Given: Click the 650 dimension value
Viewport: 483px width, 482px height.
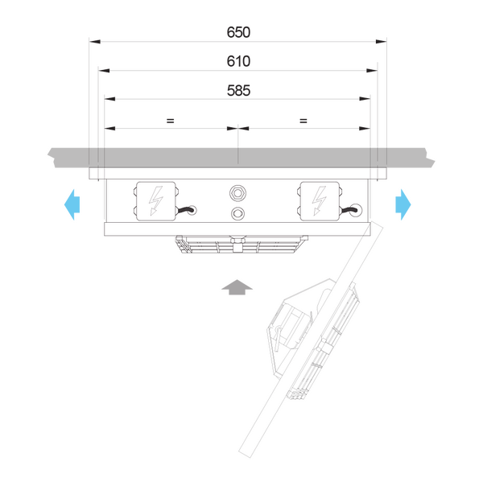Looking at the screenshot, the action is click(238, 32).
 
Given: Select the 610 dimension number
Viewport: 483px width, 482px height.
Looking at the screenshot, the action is click(238, 61).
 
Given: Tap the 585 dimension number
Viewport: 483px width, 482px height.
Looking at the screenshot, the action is click(238, 91).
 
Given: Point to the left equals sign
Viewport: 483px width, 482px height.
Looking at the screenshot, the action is click(171, 121).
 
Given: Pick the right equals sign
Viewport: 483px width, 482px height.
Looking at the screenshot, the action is click(303, 121).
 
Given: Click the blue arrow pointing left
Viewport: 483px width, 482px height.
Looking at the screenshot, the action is click(72, 204).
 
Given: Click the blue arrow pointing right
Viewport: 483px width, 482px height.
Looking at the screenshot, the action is click(403, 204).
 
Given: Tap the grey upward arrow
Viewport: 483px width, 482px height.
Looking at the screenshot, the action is click(237, 287).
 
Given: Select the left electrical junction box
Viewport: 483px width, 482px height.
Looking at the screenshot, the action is click(156, 201).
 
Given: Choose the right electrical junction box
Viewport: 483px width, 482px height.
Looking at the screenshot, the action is click(320, 201).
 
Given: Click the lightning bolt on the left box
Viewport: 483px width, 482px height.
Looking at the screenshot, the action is click(156, 201).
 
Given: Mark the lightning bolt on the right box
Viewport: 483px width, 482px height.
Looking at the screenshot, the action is click(319, 201).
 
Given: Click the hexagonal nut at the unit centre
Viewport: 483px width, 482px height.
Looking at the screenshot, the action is click(237, 193).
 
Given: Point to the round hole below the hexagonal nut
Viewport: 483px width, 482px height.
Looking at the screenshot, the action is click(237, 213).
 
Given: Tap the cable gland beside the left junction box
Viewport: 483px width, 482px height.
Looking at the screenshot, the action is click(192, 210).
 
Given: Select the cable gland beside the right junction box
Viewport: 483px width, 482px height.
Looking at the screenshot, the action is click(356, 210).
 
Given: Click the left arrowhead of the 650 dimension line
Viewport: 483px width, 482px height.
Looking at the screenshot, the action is click(94, 42).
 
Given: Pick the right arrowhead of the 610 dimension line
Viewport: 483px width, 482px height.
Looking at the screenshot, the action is click(372, 71).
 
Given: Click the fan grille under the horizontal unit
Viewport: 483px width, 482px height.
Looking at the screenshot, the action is click(242, 245).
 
